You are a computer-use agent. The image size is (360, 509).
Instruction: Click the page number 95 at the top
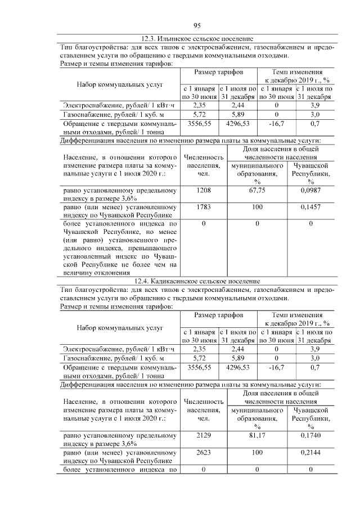[x=197, y=25]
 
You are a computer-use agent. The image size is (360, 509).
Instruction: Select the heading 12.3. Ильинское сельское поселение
[x=197, y=39]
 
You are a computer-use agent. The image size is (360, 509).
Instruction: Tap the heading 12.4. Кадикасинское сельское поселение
[x=197, y=281]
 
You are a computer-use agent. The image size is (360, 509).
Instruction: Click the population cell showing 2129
[x=204, y=435]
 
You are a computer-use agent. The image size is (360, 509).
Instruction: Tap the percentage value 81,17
[x=257, y=435]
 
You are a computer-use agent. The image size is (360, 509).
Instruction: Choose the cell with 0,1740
[x=310, y=435]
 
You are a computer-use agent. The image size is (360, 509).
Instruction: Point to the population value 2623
[x=204, y=452]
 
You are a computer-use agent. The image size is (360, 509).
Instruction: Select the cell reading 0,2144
[x=310, y=452]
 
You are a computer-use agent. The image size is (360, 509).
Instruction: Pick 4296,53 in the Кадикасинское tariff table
[x=237, y=367]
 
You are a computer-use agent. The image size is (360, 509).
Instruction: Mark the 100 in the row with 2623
[x=257, y=452]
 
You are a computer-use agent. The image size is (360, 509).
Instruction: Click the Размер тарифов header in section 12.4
[x=219, y=316]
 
